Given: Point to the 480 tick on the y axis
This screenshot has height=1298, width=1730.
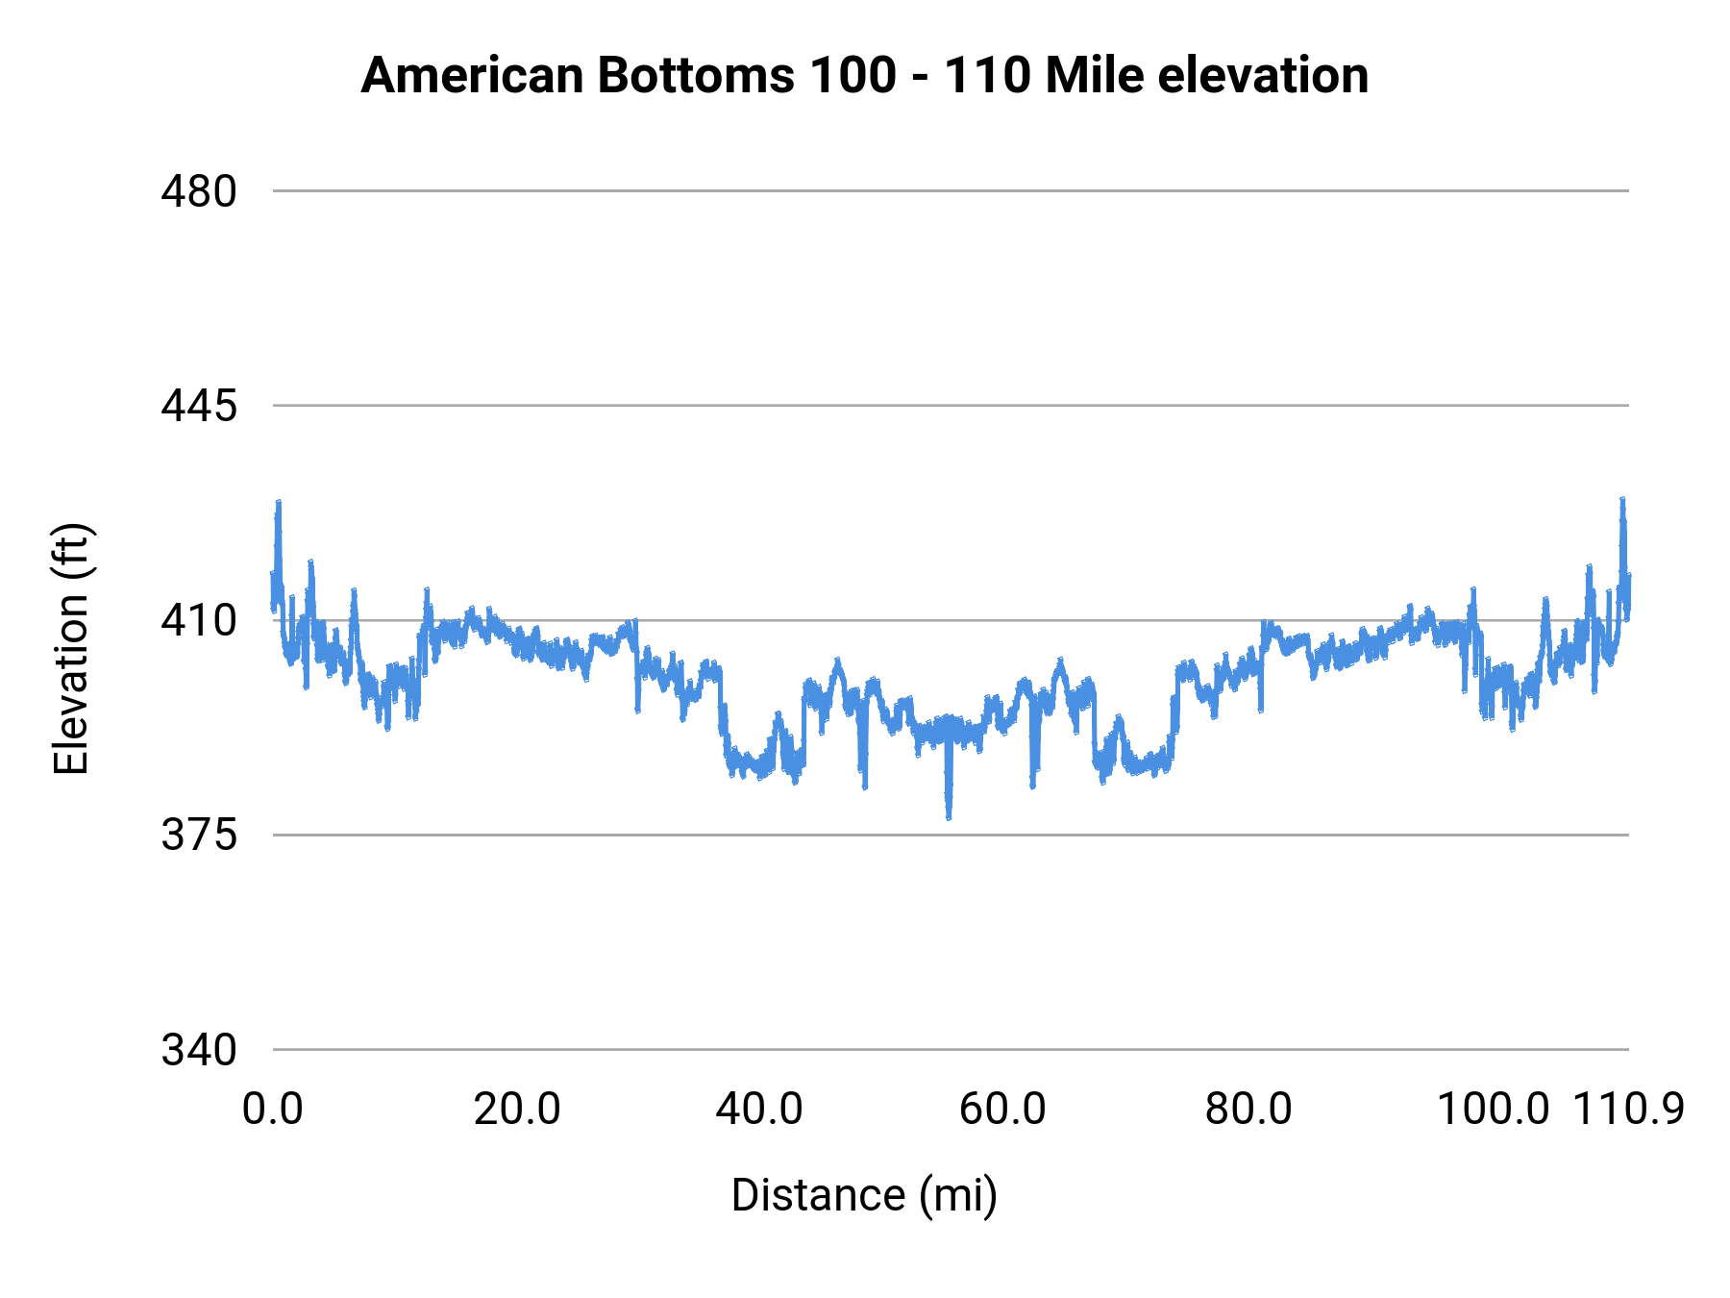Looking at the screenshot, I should click(198, 191).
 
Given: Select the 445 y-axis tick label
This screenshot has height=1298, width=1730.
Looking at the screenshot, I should click(198, 406).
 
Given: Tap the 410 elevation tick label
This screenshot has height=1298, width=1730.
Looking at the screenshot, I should click(198, 621).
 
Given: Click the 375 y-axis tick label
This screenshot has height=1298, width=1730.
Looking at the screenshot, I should click(198, 836).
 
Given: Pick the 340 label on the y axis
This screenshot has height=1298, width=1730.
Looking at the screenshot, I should click(198, 1050).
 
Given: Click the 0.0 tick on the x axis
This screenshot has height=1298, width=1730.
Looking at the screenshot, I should click(273, 1110).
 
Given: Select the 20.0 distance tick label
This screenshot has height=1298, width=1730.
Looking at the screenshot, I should click(517, 1110).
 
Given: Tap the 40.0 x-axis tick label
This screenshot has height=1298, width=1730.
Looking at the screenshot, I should click(759, 1110).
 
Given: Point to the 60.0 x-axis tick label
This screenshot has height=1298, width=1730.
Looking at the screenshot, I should click(1002, 1110).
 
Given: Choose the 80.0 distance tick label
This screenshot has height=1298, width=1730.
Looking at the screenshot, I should click(1248, 1110).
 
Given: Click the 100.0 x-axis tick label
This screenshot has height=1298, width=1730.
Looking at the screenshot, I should click(1492, 1110).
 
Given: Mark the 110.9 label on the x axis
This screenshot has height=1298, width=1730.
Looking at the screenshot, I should click(1628, 1110).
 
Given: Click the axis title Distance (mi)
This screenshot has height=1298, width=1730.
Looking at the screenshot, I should click(864, 1195).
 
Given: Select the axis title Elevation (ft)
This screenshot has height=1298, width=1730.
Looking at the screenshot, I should click(70, 649).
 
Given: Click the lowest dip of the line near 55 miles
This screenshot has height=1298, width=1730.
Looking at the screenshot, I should click(949, 816).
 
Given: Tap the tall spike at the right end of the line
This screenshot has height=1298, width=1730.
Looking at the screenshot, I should click(1622, 501).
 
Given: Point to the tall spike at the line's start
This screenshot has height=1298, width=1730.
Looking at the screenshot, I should click(279, 503).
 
